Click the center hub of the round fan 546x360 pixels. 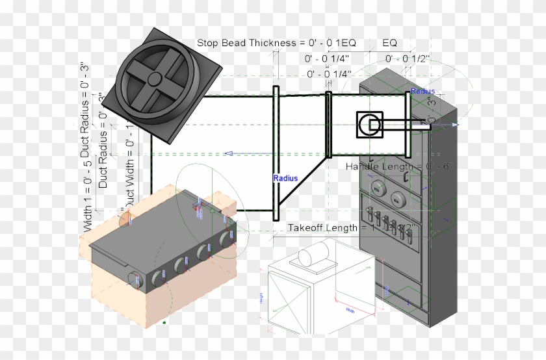(155, 79)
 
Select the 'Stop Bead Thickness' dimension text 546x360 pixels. (276, 43)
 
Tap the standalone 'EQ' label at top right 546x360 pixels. (389, 43)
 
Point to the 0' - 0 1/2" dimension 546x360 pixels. (408, 58)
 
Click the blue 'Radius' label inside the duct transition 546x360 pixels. (285, 178)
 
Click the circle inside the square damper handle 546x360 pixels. (370, 124)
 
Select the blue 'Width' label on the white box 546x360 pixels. (350, 310)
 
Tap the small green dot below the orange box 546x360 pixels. (164, 322)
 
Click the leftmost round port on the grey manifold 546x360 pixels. (135, 279)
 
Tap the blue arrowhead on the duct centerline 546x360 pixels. (228, 153)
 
